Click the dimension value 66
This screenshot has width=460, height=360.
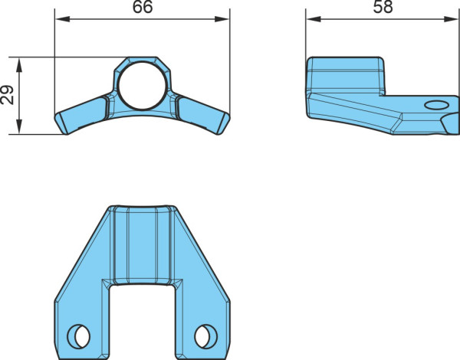point(143,7)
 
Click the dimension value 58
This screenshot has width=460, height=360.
point(383,7)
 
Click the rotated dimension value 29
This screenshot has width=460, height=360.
point(7,95)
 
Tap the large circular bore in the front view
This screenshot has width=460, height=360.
point(143,86)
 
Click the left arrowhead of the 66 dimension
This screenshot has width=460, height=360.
point(63,19)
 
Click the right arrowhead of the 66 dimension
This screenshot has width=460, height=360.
point(222,19)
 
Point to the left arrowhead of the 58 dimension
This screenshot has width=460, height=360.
point(314,19)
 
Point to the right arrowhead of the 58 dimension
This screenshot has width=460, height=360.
point(452,19)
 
